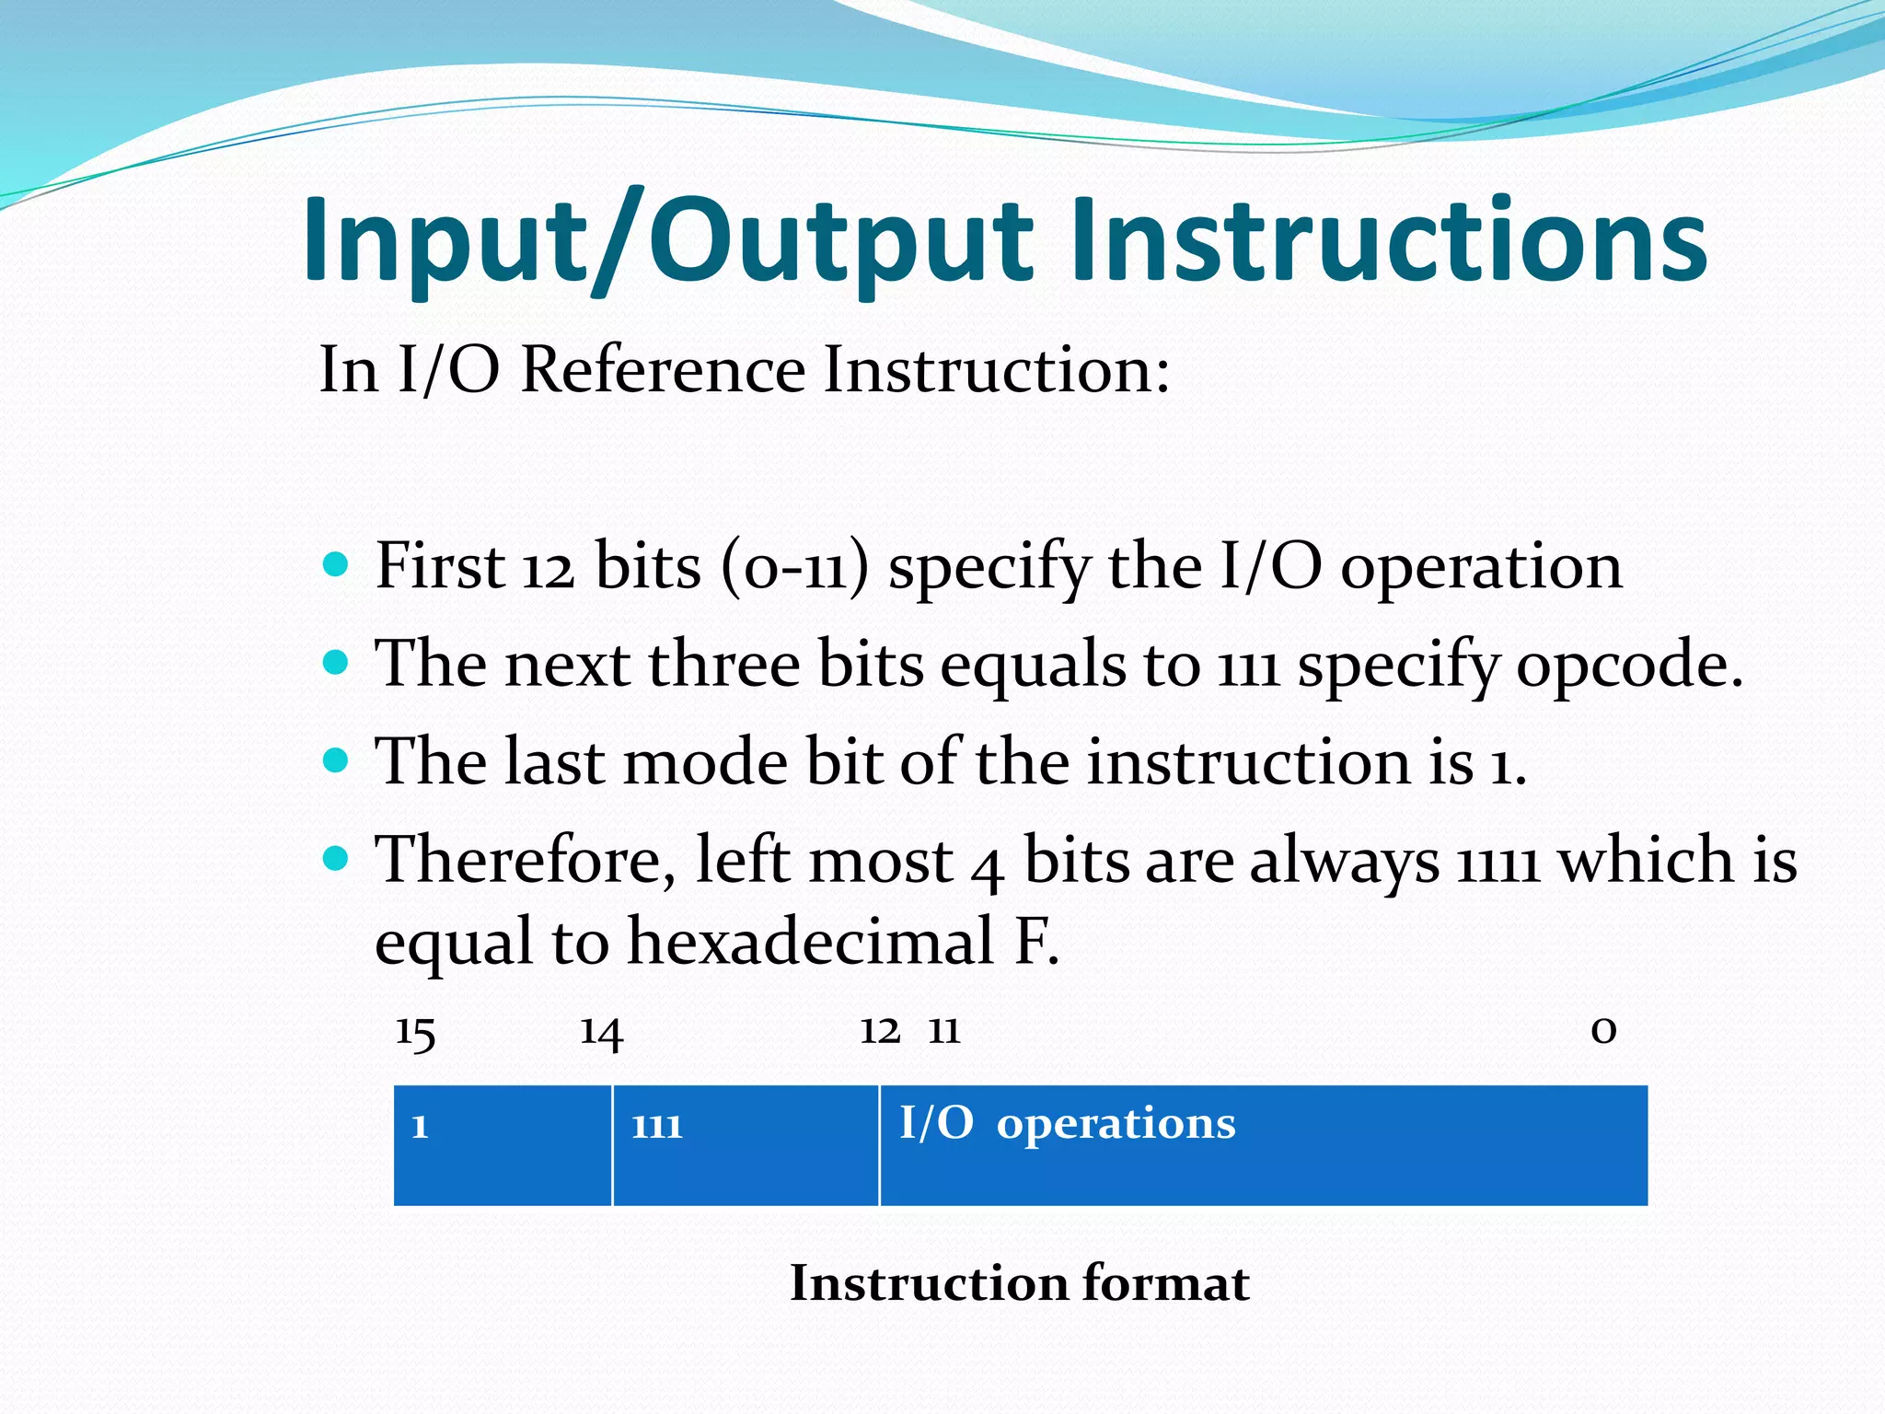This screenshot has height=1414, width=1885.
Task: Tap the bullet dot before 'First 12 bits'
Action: (x=337, y=563)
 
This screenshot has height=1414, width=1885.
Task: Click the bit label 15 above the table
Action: (x=415, y=1033)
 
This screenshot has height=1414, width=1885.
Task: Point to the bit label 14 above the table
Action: (x=602, y=1033)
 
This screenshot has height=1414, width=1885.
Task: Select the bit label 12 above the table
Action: (x=880, y=1031)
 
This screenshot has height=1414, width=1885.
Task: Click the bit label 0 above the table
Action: (x=1603, y=1031)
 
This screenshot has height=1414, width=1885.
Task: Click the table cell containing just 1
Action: (x=503, y=1144)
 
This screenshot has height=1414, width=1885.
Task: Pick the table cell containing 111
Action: (x=746, y=1144)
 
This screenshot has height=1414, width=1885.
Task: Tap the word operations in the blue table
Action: (x=1116, y=1124)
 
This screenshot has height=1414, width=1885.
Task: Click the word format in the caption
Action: (x=1166, y=1283)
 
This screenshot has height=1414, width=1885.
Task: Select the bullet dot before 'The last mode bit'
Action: (x=337, y=760)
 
